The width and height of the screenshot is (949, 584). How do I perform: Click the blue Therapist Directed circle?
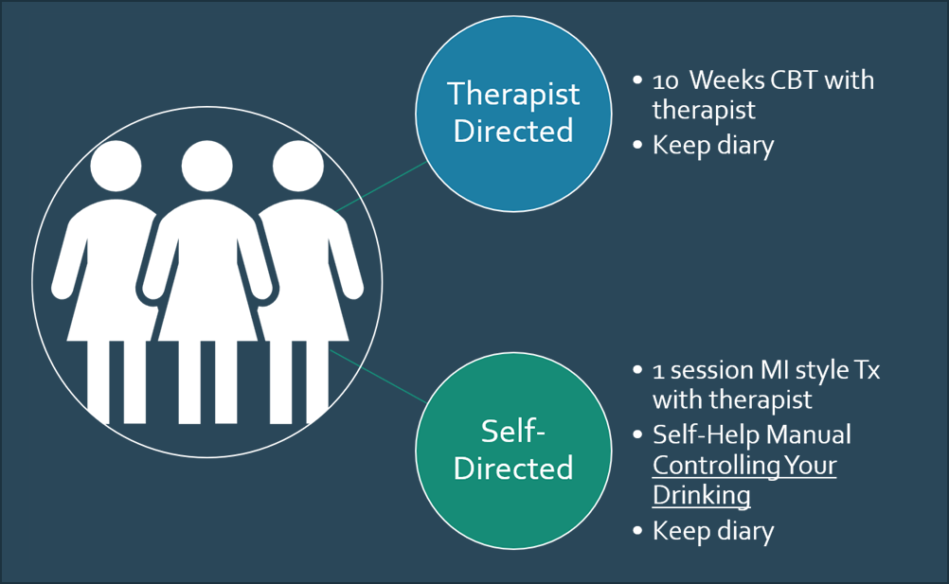pyautogui.click(x=512, y=111)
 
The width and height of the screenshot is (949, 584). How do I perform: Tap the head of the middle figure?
pyautogui.click(x=206, y=165)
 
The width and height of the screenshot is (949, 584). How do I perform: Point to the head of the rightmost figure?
pyautogui.click(x=297, y=165)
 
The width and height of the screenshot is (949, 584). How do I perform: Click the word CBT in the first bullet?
pyautogui.click(x=788, y=80)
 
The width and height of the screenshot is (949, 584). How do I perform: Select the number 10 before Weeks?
pyautogui.click(x=668, y=80)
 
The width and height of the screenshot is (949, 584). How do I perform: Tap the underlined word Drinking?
pyautogui.click(x=701, y=495)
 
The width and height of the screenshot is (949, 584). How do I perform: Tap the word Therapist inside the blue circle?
pyautogui.click(x=512, y=94)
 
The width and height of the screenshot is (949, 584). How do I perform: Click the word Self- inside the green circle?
pyautogui.click(x=512, y=433)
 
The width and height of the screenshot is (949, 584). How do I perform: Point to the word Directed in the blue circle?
pyautogui.click(x=512, y=130)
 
